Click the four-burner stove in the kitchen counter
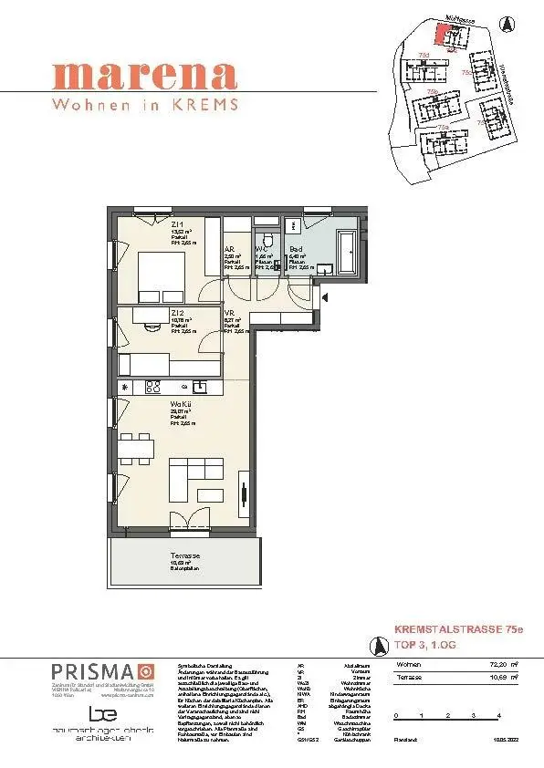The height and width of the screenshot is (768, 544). pos(152,387)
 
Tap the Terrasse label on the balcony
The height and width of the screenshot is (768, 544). pos(185,555)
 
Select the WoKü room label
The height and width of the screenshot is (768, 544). pos(180,404)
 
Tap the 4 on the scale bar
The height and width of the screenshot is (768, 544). pos(499,717)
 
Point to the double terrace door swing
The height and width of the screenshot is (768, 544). pos(189,519)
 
